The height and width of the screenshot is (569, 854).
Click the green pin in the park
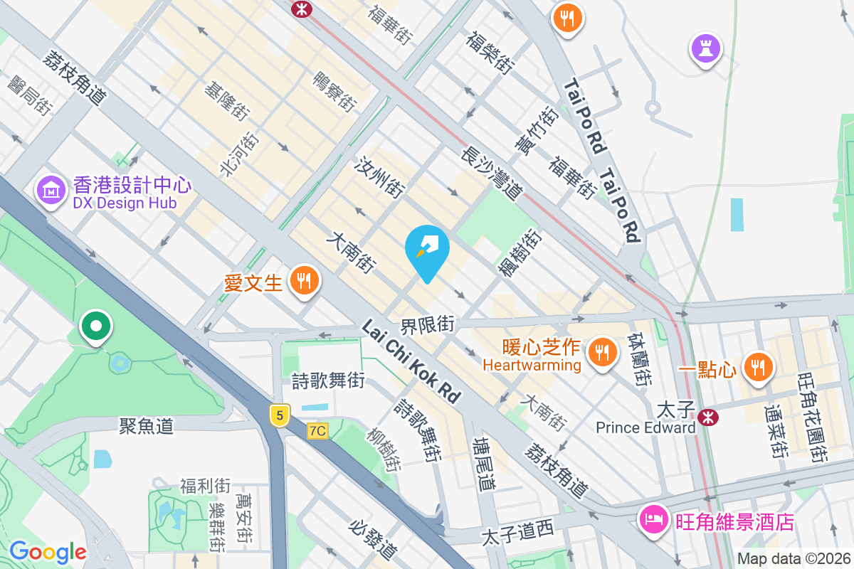(97, 326)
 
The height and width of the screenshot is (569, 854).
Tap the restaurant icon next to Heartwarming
(602, 351)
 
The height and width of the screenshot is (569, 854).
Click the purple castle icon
(705, 49)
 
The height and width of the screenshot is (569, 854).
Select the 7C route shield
(317, 431)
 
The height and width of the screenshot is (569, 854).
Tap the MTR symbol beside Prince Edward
(707, 417)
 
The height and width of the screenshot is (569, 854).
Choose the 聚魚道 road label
(146, 426)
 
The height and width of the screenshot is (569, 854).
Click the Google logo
(48, 551)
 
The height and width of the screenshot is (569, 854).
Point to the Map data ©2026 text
(793, 558)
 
